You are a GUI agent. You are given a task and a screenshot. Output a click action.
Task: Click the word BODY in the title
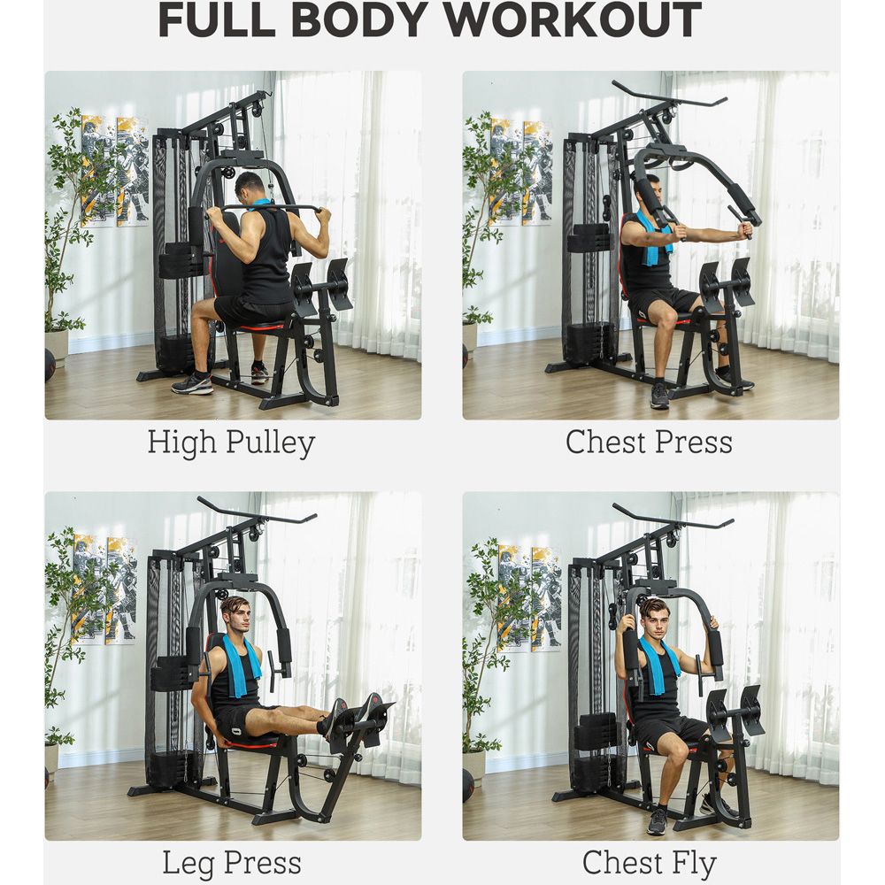pyautogui.click(x=358, y=19)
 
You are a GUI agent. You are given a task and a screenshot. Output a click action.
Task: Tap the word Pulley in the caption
pyautogui.click(x=270, y=443)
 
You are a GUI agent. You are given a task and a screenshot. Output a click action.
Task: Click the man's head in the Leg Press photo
pyautogui.click(x=236, y=615)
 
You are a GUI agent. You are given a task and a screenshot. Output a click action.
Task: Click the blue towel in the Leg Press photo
pyautogui.click(x=242, y=665)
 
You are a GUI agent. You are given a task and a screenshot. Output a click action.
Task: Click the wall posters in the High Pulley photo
pyautogui.click(x=115, y=171)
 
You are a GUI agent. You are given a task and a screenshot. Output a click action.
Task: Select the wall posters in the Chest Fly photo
pyautogui.click(x=529, y=598)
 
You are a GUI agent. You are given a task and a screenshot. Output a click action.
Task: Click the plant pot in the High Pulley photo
pyautogui.click(x=57, y=346)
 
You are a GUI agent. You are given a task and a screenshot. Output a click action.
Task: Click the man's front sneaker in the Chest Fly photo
pyautogui.click(x=657, y=822)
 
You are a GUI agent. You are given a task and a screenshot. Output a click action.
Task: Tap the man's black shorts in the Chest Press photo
pyautogui.click(x=666, y=303)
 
